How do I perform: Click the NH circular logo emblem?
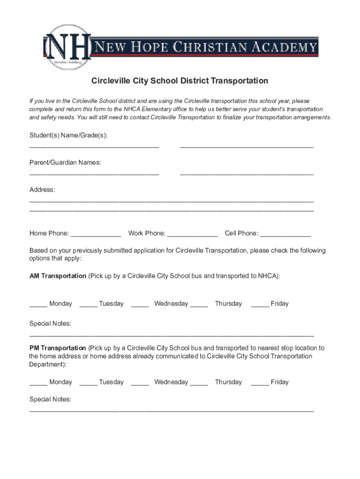[67, 47]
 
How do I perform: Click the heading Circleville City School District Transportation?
[180, 81]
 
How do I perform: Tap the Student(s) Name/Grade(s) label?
[68, 135]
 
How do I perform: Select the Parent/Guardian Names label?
[65, 162]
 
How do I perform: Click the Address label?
[42, 189]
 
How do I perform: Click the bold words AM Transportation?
[58, 276]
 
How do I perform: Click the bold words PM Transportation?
[58, 348]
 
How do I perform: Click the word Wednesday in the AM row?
[171, 304]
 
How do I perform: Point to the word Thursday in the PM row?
[228, 382]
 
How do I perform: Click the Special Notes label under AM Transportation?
[50, 324]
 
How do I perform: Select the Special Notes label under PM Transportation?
[50, 399]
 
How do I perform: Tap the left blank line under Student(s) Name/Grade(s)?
[94, 148]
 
